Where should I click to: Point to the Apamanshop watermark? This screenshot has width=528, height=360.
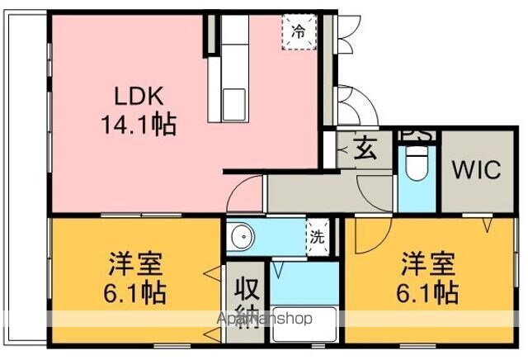263,319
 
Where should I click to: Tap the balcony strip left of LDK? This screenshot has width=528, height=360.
23,173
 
